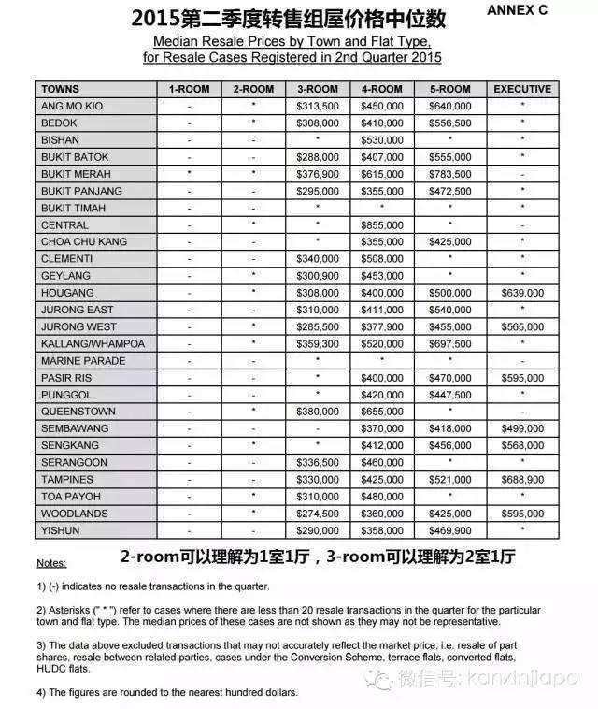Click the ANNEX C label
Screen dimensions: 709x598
click(543, 10)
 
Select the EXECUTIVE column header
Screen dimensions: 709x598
click(522, 89)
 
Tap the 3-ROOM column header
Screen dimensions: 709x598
click(317, 89)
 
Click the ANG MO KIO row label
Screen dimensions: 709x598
click(72, 106)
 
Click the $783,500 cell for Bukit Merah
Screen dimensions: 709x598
click(451, 174)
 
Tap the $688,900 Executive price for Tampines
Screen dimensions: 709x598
click(522, 480)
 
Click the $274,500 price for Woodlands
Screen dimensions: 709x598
click(317, 514)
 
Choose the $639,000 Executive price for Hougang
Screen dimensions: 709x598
click(522, 293)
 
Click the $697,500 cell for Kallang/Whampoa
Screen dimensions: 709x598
click(451, 343)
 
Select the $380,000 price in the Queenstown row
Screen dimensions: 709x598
click(317, 412)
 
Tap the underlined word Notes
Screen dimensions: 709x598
click(51, 564)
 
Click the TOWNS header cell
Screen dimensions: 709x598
click(61, 89)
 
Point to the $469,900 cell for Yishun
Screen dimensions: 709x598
click(451, 530)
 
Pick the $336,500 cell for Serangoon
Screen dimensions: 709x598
click(317, 463)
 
